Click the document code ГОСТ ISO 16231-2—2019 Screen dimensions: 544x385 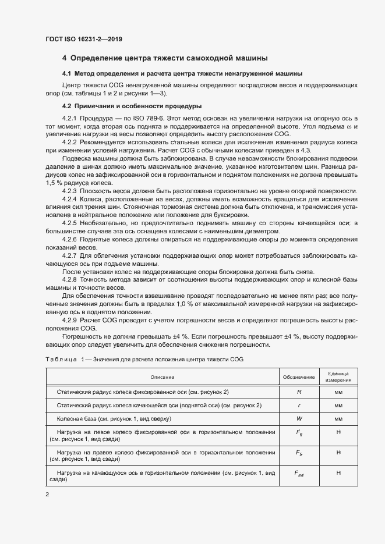pyautogui.click(x=84, y=39)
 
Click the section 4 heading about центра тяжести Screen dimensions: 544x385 pyautogui.click(x=165, y=58)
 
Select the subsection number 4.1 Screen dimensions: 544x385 pyautogui.click(x=66, y=74)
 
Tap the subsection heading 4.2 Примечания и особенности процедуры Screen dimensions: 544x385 pyautogui.click(x=132, y=106)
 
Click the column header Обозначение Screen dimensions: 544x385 pyautogui.click(x=299, y=377)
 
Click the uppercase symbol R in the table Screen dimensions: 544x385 pyautogui.click(x=299, y=392)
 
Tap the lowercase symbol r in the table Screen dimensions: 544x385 pyautogui.click(x=299, y=405)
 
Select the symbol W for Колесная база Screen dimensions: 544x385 pyautogui.click(x=299, y=418)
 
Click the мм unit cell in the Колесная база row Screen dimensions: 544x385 pyautogui.click(x=338, y=418)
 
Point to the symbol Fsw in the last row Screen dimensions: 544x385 pyautogui.click(x=299, y=474)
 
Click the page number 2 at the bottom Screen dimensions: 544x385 pyautogui.click(x=47, y=495)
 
